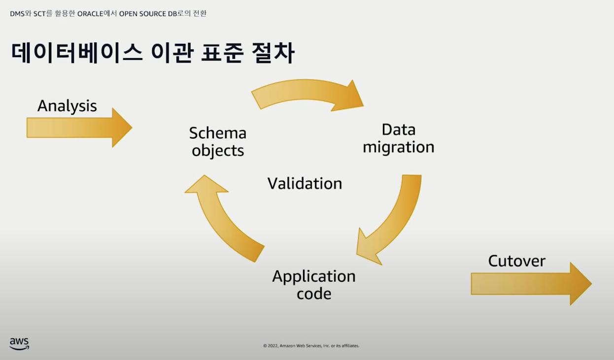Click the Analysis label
point(67,106)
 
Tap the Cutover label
point(516,261)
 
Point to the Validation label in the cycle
point(305,183)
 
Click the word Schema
point(217,133)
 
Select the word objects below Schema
point(218,151)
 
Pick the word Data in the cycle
point(398,130)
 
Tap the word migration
point(398,147)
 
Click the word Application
point(313,276)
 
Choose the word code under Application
point(313,294)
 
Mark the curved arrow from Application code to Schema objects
point(222,217)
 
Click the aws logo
point(19,343)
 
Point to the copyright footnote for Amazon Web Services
point(311,346)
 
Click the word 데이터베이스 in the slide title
point(77,54)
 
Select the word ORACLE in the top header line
point(91,13)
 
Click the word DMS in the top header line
point(17,13)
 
